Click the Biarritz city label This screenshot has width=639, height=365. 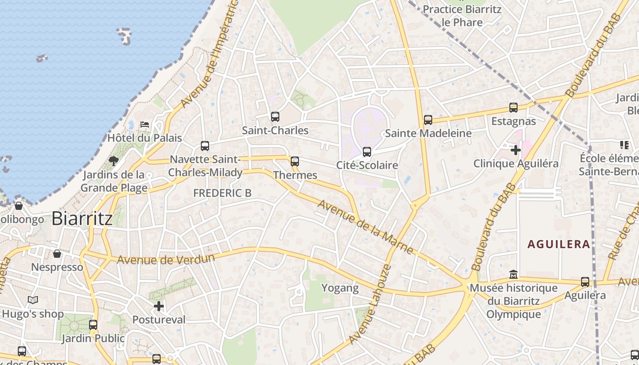(82, 219)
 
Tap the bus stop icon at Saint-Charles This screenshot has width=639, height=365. (275, 117)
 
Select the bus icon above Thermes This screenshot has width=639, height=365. (295, 161)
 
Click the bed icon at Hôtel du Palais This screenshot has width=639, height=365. (145, 124)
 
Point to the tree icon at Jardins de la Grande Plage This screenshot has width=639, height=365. (113, 161)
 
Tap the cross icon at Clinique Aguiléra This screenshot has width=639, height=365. (516, 150)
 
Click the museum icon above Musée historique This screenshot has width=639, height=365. (513, 275)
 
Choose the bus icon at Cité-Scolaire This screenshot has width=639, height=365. (367, 152)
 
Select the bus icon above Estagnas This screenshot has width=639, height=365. (513, 108)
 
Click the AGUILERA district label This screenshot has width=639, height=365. (559, 244)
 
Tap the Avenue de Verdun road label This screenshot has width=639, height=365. (166, 259)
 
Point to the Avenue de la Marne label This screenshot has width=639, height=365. (365, 227)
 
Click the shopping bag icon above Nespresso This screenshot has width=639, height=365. (57, 254)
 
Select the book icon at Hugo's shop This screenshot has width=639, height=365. (32, 300)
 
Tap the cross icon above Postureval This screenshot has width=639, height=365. (159, 306)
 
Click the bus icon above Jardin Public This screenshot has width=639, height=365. (93, 325)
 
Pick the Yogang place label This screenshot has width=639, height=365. (340, 288)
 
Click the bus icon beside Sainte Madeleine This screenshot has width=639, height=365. (428, 120)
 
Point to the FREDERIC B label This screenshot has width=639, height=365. (222, 193)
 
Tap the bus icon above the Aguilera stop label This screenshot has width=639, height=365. (585, 282)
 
